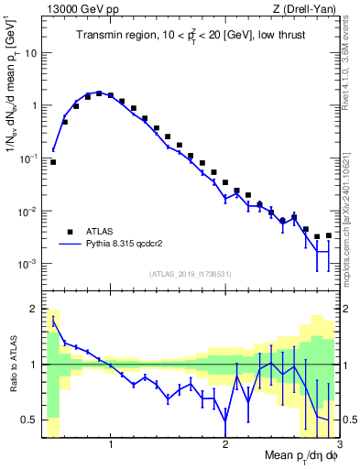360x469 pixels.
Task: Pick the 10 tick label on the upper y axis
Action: click(30, 52)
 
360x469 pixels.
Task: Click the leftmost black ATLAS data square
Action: click(53, 162)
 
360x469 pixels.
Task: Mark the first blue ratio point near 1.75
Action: click(53, 322)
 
